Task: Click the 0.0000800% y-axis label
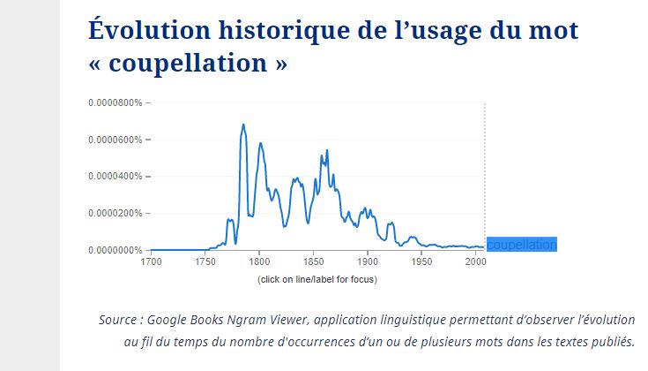pyautogui.click(x=115, y=103)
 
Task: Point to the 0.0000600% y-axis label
pyautogui.click(x=115, y=140)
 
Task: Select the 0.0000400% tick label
pyautogui.click(x=115, y=177)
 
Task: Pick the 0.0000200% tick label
pyautogui.click(x=115, y=213)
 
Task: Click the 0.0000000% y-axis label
pyautogui.click(x=115, y=250)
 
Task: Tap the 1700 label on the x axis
pyautogui.click(x=151, y=262)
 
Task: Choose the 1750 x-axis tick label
pyautogui.click(x=205, y=262)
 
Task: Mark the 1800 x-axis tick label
pyautogui.click(x=259, y=262)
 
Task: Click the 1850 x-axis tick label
pyautogui.click(x=313, y=262)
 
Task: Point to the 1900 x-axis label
pyautogui.click(x=368, y=262)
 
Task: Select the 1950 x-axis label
pyautogui.click(x=421, y=262)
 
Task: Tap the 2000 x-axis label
pyautogui.click(x=475, y=262)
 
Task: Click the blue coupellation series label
pyautogui.click(x=522, y=245)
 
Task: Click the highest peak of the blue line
pyautogui.click(x=243, y=125)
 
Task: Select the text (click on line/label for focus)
pyautogui.click(x=317, y=280)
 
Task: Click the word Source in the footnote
pyautogui.click(x=118, y=319)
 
